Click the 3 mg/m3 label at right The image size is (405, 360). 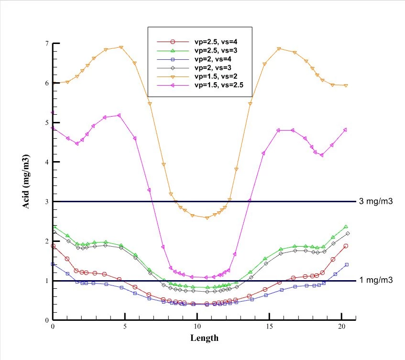[x=376, y=201]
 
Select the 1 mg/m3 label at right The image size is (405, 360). [x=376, y=280]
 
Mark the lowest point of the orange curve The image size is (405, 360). [x=207, y=218]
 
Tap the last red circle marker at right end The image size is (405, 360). [x=345, y=246]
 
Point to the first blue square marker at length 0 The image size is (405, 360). [x=53, y=264]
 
